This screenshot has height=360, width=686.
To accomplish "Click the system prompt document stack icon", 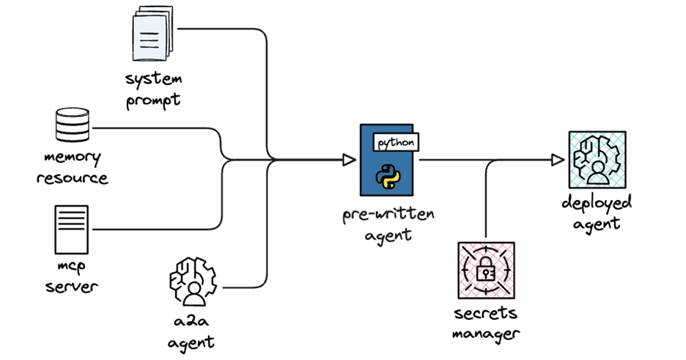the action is [x=152, y=33].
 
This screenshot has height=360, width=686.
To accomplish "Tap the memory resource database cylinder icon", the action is [x=73, y=125].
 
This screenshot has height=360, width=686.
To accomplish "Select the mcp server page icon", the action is [x=71, y=229].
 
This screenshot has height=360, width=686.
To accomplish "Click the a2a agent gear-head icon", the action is [x=193, y=282].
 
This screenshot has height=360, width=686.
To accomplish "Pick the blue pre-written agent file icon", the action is [x=387, y=160].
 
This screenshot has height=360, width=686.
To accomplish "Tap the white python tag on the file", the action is [x=396, y=142].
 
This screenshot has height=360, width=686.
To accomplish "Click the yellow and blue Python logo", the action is [x=388, y=176].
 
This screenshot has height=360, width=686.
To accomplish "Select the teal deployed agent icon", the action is [x=597, y=160].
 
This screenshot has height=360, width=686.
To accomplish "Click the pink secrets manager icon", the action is [x=486, y=271].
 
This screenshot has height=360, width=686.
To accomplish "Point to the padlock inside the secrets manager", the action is [x=486, y=268].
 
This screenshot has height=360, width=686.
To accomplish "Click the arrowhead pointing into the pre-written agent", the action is [x=349, y=160].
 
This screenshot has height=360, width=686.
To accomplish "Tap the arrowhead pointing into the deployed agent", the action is [x=558, y=160].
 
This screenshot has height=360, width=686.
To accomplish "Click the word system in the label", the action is [x=154, y=79].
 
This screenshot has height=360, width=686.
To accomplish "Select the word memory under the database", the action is [x=73, y=158].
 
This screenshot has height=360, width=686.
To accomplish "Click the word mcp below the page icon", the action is [x=71, y=266].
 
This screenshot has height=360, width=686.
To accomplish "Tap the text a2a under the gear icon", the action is [x=191, y=321].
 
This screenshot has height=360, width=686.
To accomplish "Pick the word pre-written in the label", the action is [x=388, y=214].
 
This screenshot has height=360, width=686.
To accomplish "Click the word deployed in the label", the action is [x=597, y=203].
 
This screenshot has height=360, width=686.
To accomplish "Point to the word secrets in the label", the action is [x=486, y=313].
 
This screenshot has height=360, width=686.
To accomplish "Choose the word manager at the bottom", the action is [x=486, y=334].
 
